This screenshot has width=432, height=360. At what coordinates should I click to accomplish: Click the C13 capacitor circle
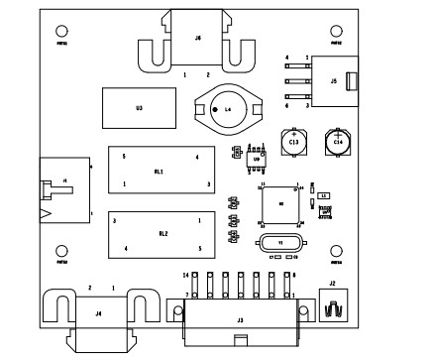(x=293, y=142)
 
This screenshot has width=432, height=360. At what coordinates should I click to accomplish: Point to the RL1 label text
(x=159, y=172)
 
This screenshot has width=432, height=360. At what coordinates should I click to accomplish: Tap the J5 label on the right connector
(x=334, y=80)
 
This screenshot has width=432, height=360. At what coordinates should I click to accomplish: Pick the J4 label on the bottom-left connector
(x=97, y=313)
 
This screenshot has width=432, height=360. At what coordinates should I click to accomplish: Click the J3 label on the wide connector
(x=240, y=320)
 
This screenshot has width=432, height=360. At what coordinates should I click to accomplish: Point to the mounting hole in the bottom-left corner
(x=61, y=251)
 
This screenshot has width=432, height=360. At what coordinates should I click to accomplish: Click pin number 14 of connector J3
(x=185, y=274)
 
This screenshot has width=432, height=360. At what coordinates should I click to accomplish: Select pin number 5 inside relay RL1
(x=124, y=158)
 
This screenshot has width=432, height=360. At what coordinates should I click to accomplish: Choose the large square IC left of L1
(x=280, y=203)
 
